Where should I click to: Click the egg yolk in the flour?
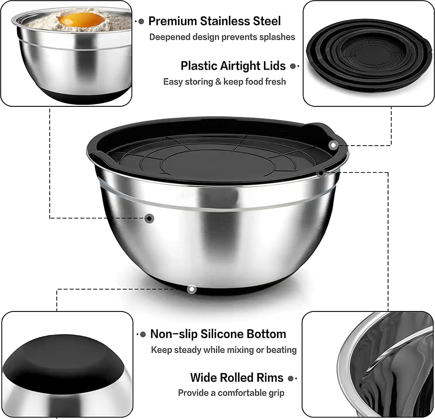coord(82,19)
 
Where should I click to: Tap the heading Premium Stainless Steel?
coord(214,21)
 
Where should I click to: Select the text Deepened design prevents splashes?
coord(222,37)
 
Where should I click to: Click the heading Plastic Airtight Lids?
coord(233,66)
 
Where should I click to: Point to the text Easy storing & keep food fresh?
coord(225,82)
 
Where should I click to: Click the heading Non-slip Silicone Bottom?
coord(218,334)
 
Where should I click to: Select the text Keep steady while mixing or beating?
coord(224,350)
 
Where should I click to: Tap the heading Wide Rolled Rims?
coord(237,378)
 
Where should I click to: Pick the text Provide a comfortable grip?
coord(231,393)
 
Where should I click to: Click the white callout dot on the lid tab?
coord(333,145)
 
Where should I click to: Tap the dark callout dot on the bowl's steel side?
coord(149,218)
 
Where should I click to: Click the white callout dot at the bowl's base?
coord(191,289)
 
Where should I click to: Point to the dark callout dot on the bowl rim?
coord(321,173)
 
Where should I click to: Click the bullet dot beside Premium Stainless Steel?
coord(141,22)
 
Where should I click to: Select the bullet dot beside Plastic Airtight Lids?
coord(293,66)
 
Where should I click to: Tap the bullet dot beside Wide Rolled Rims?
coord(291,379)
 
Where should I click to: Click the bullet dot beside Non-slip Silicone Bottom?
coord(143,335)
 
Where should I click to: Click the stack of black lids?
coord(369,55)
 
